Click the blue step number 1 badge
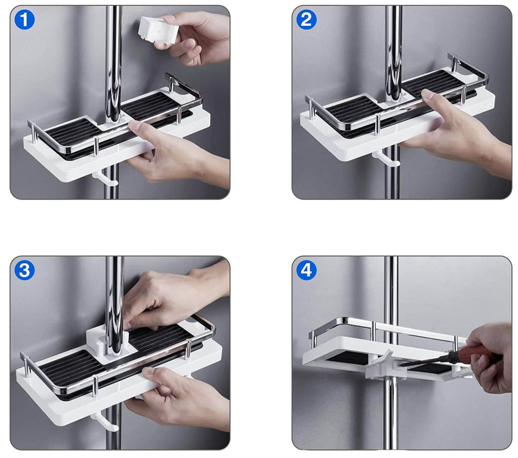tap(25, 20)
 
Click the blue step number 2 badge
tap(306, 20)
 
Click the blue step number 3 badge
tap(25, 270)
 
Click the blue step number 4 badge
tap(306, 270)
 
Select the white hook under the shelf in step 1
tap(105, 178)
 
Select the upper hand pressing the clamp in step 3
tap(168, 293)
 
